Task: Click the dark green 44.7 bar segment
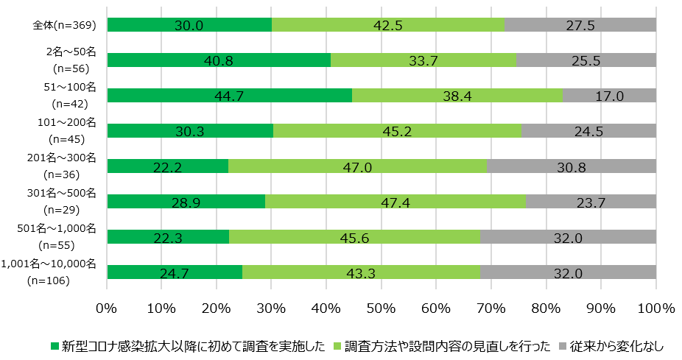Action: (x=229, y=96)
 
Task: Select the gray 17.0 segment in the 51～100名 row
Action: (x=609, y=96)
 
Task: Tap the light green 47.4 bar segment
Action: (x=396, y=201)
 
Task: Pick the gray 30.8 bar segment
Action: (x=572, y=166)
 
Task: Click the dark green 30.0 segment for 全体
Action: (x=189, y=25)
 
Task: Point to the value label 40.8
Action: (x=219, y=61)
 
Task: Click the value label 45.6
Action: (x=354, y=236)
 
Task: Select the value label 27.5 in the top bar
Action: (x=581, y=25)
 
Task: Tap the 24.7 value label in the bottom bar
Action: (x=175, y=272)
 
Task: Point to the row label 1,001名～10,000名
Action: (x=49, y=264)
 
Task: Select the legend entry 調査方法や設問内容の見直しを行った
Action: (x=447, y=345)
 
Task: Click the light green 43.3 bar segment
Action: (x=361, y=272)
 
